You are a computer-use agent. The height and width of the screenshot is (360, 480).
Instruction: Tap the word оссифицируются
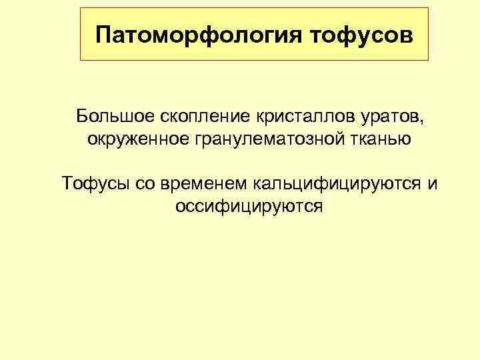(x=249, y=206)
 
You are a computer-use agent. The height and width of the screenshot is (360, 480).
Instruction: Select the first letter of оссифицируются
(x=180, y=207)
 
